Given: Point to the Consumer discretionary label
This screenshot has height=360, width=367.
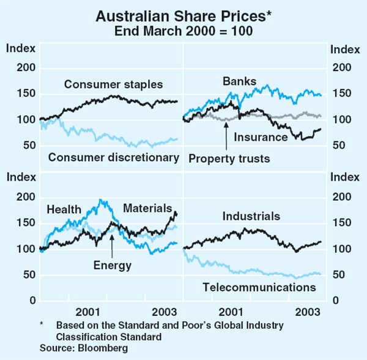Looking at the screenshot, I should coord(113,157).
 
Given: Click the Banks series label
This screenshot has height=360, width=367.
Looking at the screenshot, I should coord(240,81).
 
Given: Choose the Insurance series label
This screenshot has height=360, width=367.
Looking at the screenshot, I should coord(261,137).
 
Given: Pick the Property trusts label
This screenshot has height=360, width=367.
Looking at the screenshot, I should coord(229,159).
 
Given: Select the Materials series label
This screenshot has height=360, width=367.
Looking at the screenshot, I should coord(147,209).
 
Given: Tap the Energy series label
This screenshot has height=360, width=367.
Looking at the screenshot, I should coord(113,265).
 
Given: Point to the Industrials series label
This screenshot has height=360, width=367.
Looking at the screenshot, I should coord(251,216).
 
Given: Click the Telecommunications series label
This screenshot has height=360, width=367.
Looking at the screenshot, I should coord(259,287).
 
